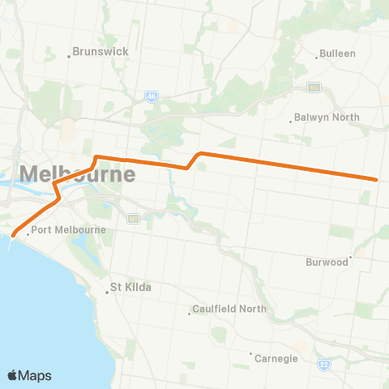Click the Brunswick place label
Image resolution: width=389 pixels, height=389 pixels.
(100, 50)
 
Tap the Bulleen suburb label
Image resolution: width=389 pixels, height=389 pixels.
(337, 53)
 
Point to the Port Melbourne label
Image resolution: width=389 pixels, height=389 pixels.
(70, 230)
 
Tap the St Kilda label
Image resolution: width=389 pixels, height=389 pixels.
(131, 287)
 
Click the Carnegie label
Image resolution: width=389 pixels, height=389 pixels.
(276, 358)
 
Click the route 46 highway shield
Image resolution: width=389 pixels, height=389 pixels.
(152, 96)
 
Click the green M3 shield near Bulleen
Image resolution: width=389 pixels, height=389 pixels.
(314, 87)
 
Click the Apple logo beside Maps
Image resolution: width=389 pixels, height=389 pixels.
(13, 375)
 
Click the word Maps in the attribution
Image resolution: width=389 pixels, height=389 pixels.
(36, 375)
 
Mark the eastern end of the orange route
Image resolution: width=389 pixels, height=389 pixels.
(377, 179)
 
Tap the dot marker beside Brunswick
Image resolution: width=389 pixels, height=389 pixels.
(69, 56)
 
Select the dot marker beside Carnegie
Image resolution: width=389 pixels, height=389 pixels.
(251, 353)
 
